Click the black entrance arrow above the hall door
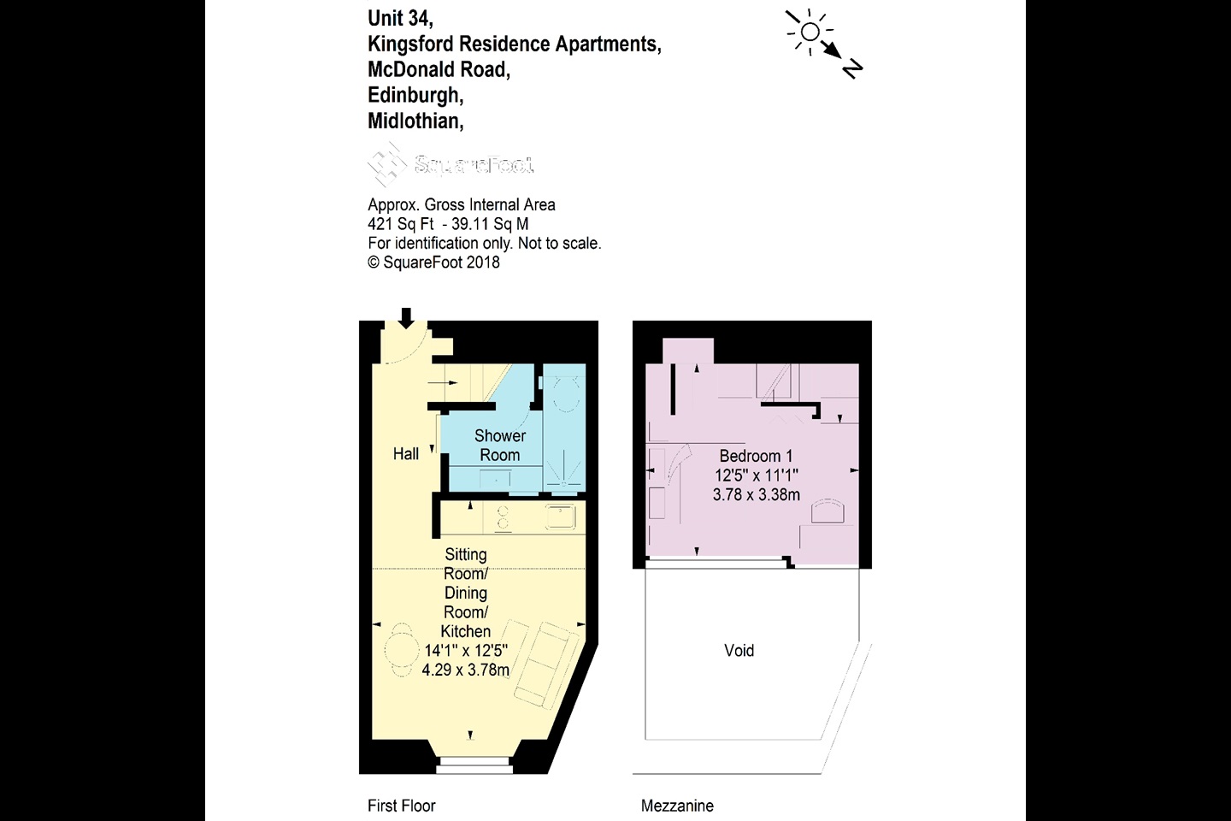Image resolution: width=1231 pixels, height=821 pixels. (x=406, y=318)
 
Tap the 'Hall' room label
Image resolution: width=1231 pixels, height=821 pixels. (x=406, y=454)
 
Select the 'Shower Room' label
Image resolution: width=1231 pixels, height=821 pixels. (x=500, y=446)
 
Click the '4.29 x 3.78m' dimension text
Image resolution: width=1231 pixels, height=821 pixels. (x=466, y=670)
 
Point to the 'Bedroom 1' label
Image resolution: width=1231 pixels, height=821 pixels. (x=756, y=456)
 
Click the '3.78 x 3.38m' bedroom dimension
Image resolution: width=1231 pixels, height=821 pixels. (x=757, y=494)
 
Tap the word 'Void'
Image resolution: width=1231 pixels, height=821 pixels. (x=739, y=650)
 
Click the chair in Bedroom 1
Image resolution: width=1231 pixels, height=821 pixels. (x=827, y=511)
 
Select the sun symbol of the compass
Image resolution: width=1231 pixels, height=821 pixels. (x=809, y=32)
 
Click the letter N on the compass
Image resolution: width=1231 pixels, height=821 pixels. (x=852, y=68)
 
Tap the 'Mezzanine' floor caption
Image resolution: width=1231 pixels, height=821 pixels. (x=677, y=806)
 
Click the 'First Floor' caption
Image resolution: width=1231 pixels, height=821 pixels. (x=402, y=806)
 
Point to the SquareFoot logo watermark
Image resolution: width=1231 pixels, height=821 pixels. (x=451, y=163)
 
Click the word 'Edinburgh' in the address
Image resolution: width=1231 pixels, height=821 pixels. (x=415, y=95)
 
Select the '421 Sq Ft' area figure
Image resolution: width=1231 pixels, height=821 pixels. (x=401, y=224)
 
